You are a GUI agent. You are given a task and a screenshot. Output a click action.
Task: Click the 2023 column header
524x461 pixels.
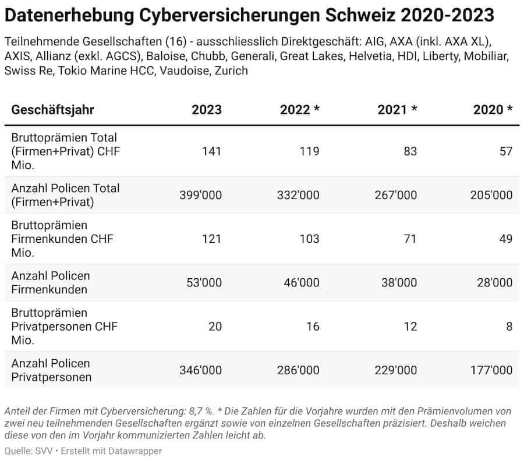[206, 110]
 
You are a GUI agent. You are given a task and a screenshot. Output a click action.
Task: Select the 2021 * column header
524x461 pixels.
[397, 110]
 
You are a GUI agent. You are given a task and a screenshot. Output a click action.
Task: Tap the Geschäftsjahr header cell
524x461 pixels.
[52, 110]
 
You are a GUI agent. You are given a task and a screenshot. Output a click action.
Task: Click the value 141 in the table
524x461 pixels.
[212, 151]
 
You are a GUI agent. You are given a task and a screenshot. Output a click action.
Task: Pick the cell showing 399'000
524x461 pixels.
[200, 195]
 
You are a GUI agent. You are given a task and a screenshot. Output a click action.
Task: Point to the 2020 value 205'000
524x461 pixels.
[491, 195]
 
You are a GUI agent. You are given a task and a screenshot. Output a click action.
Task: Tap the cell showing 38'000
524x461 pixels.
[398, 282]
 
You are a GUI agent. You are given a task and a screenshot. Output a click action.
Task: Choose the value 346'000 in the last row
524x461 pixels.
[200, 370]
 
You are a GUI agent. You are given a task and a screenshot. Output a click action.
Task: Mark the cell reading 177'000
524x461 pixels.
[491, 370]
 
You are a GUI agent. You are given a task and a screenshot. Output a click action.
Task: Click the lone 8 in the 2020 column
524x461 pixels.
[509, 327]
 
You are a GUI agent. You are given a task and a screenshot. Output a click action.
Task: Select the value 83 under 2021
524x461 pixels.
[410, 151]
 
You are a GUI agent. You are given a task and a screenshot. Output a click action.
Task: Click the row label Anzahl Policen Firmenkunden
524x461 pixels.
[51, 282]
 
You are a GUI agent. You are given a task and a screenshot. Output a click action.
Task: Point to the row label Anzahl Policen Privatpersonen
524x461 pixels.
[51, 370]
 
